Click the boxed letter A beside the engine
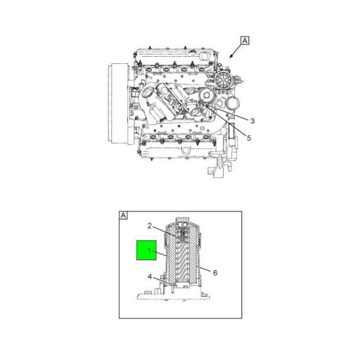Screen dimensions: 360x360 [245, 40]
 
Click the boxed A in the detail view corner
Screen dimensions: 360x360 [123, 215]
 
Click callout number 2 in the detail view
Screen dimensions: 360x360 [150, 226]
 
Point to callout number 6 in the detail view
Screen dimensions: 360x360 [215, 273]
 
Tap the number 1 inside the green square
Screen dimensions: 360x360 [148, 250]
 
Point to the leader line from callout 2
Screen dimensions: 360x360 [163, 230]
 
